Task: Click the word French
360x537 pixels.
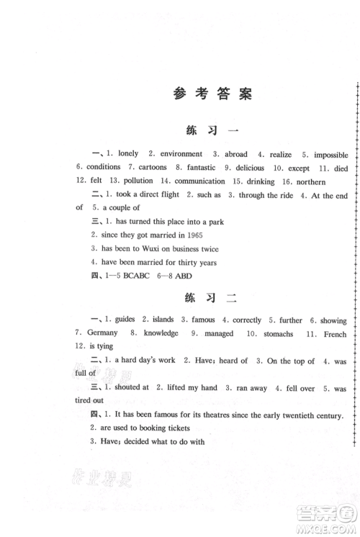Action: pos(333,334)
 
